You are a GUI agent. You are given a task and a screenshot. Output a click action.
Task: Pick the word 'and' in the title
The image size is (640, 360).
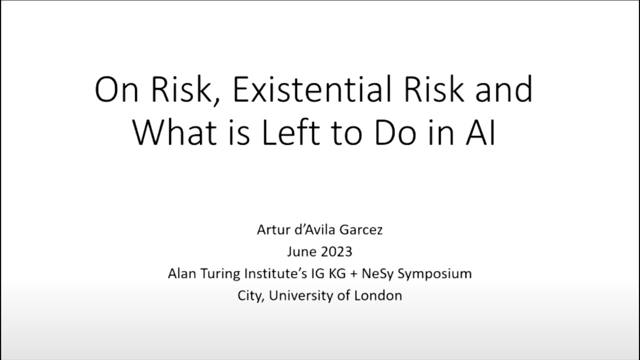tap(503, 90)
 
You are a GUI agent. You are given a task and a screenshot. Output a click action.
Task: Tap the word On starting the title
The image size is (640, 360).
tap(116, 90)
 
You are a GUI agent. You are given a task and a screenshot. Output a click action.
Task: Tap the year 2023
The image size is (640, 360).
tap(336, 251)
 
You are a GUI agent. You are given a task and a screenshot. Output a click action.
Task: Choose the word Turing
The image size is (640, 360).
tap(221, 274)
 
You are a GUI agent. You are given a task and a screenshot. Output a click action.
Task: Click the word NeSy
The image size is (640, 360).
tap(377, 274)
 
